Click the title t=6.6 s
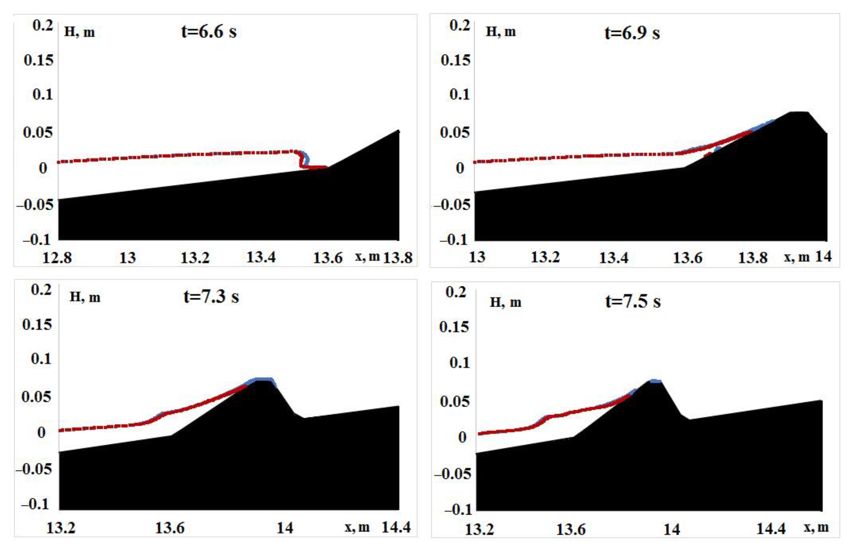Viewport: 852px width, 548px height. [209, 32]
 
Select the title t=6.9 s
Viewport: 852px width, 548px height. [632, 33]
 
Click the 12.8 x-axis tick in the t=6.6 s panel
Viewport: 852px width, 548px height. [57, 257]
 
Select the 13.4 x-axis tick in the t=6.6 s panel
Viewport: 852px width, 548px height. [261, 257]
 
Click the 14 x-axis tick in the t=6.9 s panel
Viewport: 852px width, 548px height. [823, 256]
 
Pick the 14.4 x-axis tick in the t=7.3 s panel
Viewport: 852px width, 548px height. [396, 527]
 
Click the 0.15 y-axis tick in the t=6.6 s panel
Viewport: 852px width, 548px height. [38, 60]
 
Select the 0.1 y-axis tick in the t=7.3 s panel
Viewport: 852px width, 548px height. [41, 358]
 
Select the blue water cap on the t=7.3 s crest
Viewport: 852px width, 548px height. [263, 380]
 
